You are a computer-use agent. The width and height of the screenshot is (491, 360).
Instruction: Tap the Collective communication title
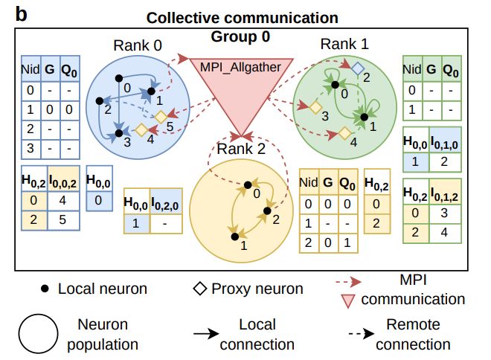point(242,17)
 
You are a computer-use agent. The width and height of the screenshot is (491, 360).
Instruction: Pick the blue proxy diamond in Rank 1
point(358,68)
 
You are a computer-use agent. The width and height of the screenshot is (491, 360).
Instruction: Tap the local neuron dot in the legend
point(45,289)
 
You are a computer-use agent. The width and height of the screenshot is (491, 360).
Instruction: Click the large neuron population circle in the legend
point(38,334)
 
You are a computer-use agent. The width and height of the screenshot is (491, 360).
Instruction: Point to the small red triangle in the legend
point(346,300)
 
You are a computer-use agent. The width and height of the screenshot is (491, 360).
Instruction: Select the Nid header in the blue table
point(30,72)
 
